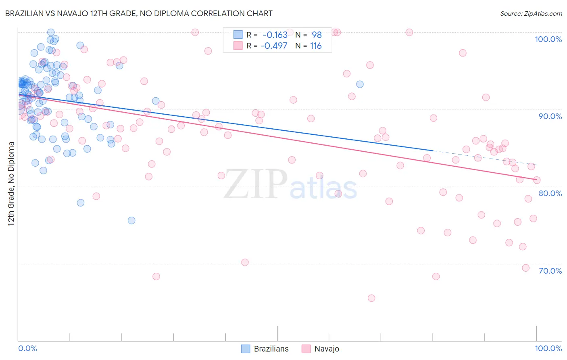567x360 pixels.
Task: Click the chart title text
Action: pos(139,13)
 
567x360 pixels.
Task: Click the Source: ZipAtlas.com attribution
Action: pos(531,14)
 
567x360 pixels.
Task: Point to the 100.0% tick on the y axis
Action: pos(548,39)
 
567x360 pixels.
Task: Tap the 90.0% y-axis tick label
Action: pos(550,116)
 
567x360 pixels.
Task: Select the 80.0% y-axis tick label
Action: pos(550,193)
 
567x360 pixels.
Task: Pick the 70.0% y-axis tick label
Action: pos(550,271)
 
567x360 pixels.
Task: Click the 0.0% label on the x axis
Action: pos(27,348)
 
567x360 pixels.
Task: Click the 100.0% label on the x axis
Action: pos(548,348)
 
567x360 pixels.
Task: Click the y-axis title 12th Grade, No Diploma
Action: pos(11,183)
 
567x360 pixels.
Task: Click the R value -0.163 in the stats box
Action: pos(275,35)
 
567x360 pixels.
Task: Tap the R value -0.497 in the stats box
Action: pos(274,46)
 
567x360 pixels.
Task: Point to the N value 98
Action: pos(317,35)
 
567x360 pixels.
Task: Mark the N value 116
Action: pos(316,46)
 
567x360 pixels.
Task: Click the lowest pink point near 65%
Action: pos(371,298)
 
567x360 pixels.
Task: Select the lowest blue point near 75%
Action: pos(131,220)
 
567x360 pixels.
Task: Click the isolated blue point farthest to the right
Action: pos(360,84)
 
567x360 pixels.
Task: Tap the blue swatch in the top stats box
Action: pos(238,35)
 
